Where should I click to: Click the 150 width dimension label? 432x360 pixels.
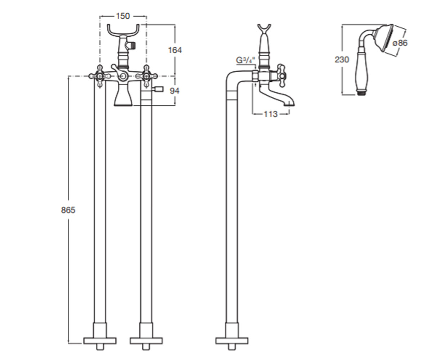click(123, 16)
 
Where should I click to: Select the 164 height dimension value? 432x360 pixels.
click(175, 50)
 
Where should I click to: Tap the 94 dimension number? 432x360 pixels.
click(174, 91)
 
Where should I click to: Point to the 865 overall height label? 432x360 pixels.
click(68, 210)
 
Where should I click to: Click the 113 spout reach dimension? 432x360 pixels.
click(271, 114)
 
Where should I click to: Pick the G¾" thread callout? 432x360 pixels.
click(246, 60)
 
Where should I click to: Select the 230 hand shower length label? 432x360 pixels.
click(342, 60)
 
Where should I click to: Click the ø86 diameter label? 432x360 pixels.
click(400, 43)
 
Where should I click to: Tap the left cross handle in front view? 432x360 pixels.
click(100, 76)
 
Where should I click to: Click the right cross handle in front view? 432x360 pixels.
click(147, 76)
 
